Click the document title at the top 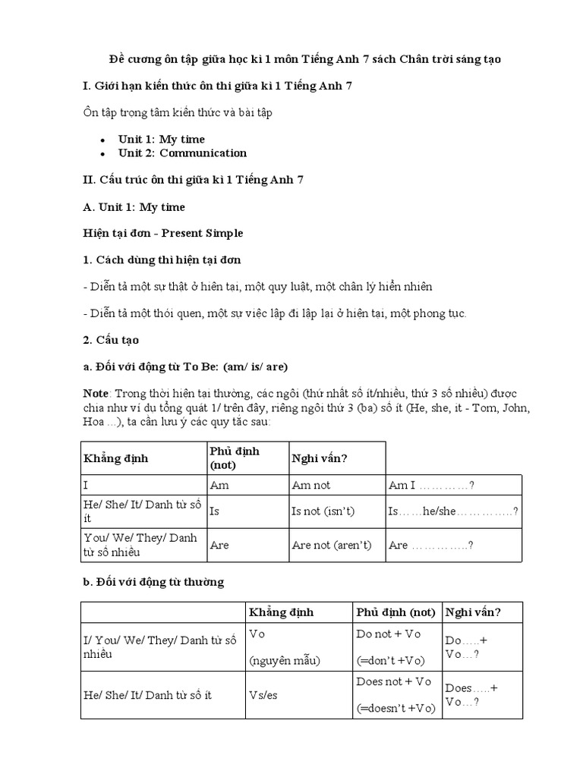pos(304,59)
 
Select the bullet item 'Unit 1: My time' pos(161,139)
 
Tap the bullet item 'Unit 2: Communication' pos(182,153)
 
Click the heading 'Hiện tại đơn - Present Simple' pos(162,233)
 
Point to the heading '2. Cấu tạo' pos(111,339)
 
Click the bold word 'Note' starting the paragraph pos(96,393)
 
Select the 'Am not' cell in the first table pos(311,486)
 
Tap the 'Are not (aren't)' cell pos(331,545)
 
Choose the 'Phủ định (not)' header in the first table pos(234,458)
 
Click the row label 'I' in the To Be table pos(87,486)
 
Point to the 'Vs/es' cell pos(263,694)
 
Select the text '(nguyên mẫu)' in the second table pos(285,660)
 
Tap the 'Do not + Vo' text pos(388,634)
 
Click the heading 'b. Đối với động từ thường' pos(153,582)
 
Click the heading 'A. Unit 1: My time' pos(134,206)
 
